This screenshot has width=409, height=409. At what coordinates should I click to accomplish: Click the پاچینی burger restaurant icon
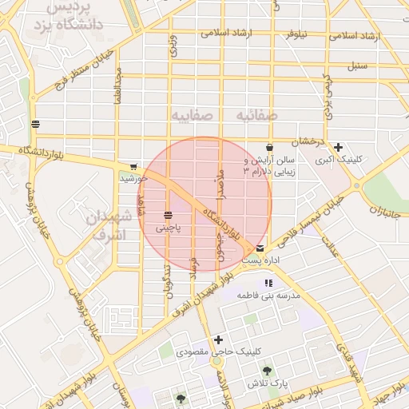click(x=169, y=215)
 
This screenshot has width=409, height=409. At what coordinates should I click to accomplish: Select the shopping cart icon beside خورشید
click(x=133, y=167)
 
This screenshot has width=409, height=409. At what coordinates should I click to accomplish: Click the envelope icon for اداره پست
click(x=260, y=248)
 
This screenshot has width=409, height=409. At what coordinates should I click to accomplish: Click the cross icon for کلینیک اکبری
click(x=339, y=147)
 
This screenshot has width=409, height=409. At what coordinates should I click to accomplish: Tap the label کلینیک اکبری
click(x=339, y=160)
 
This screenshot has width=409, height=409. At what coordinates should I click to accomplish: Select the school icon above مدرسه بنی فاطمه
click(x=268, y=283)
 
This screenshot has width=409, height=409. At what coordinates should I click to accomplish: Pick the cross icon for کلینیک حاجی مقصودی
click(x=218, y=340)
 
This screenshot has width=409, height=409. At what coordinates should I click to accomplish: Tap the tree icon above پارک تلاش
click(x=266, y=371)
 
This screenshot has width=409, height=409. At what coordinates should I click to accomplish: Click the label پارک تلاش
click(x=266, y=384)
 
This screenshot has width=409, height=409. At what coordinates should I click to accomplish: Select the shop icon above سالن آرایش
click(x=269, y=147)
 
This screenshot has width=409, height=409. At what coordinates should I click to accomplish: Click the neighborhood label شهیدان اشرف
click(x=105, y=226)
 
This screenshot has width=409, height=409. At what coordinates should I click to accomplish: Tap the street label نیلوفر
click(x=292, y=34)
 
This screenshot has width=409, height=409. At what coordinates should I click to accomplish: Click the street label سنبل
click(x=357, y=65)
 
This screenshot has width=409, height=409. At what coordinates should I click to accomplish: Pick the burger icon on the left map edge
click(x=34, y=124)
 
